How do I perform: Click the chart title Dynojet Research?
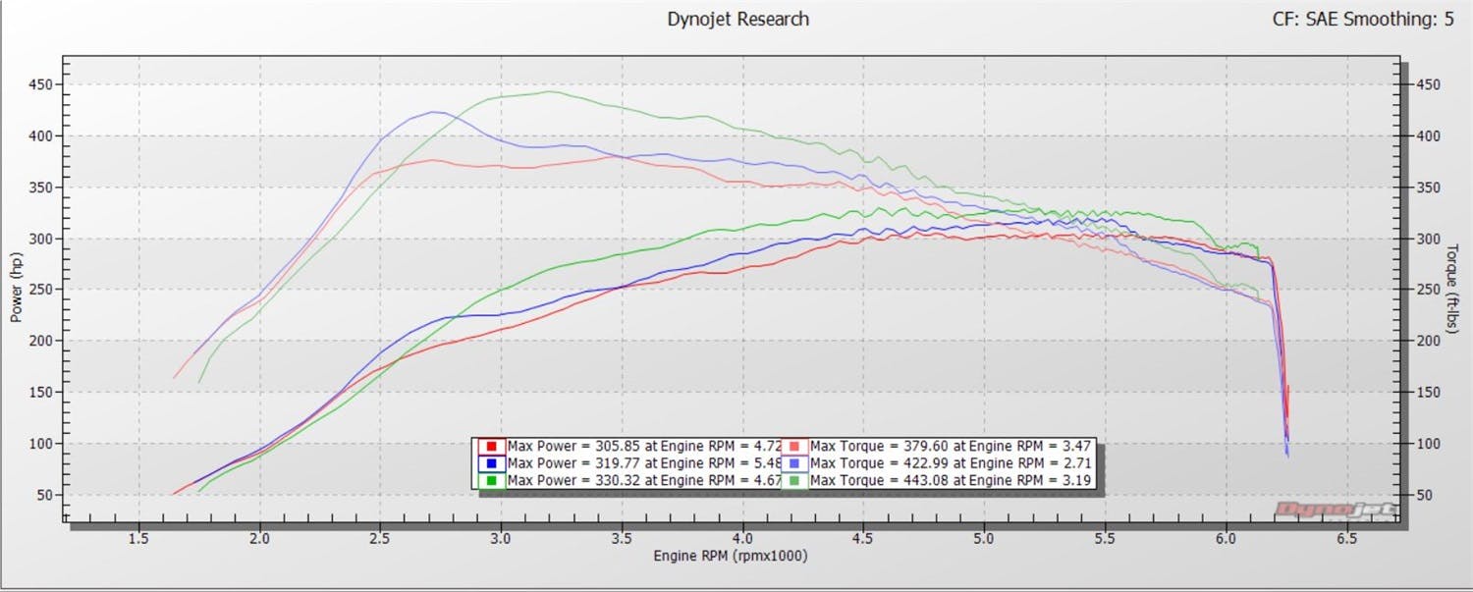737,19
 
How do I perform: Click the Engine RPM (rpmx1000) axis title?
731,556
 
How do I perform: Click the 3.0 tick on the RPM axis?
501,539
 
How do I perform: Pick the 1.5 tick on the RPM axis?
138,539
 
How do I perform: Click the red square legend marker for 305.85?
489,446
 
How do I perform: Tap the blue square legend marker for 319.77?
489,463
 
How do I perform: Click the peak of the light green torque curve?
548,92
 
